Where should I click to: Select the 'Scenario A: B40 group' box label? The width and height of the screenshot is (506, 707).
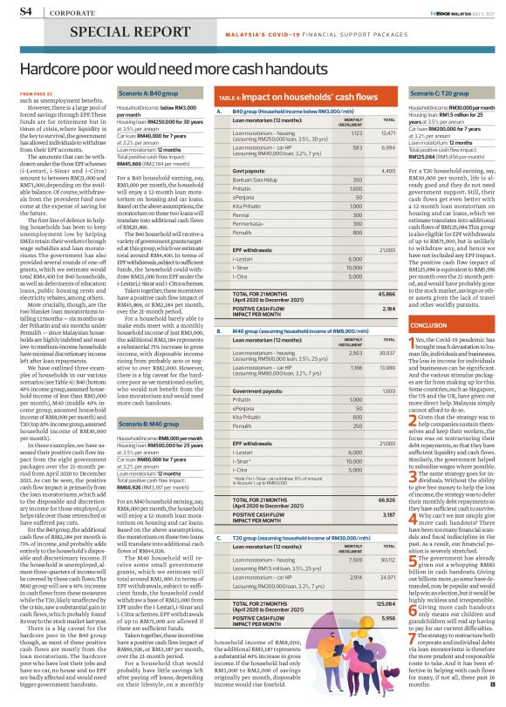pos(147,92)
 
